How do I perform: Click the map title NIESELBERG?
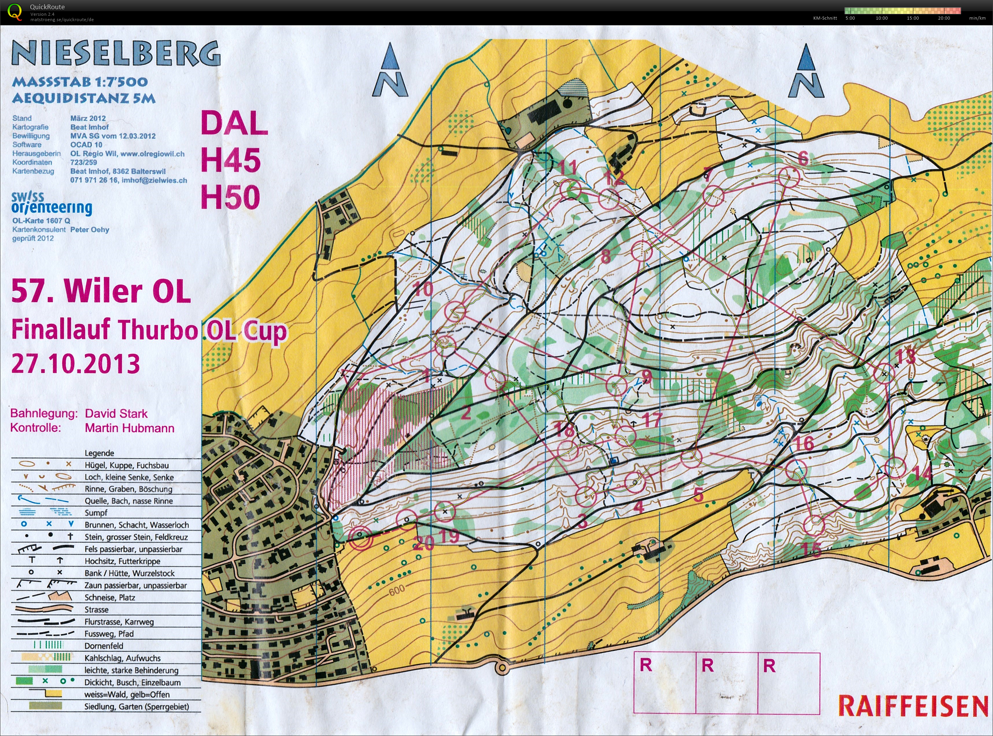[x=116, y=53]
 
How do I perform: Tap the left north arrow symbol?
[x=390, y=71]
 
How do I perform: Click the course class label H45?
[x=230, y=160]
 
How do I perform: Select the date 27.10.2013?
[x=75, y=364]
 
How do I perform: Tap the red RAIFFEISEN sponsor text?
[x=913, y=706]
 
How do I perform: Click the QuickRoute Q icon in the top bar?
[x=14, y=12]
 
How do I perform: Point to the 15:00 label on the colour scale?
[x=913, y=18]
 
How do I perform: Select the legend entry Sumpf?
[x=96, y=513]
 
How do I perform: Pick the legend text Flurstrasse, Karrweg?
[x=119, y=622]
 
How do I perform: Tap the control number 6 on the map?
[x=803, y=158]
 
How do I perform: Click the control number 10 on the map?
[x=423, y=289]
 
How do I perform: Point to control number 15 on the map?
[x=811, y=549]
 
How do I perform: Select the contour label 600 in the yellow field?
[x=396, y=590]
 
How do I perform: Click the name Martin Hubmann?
[x=129, y=428]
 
